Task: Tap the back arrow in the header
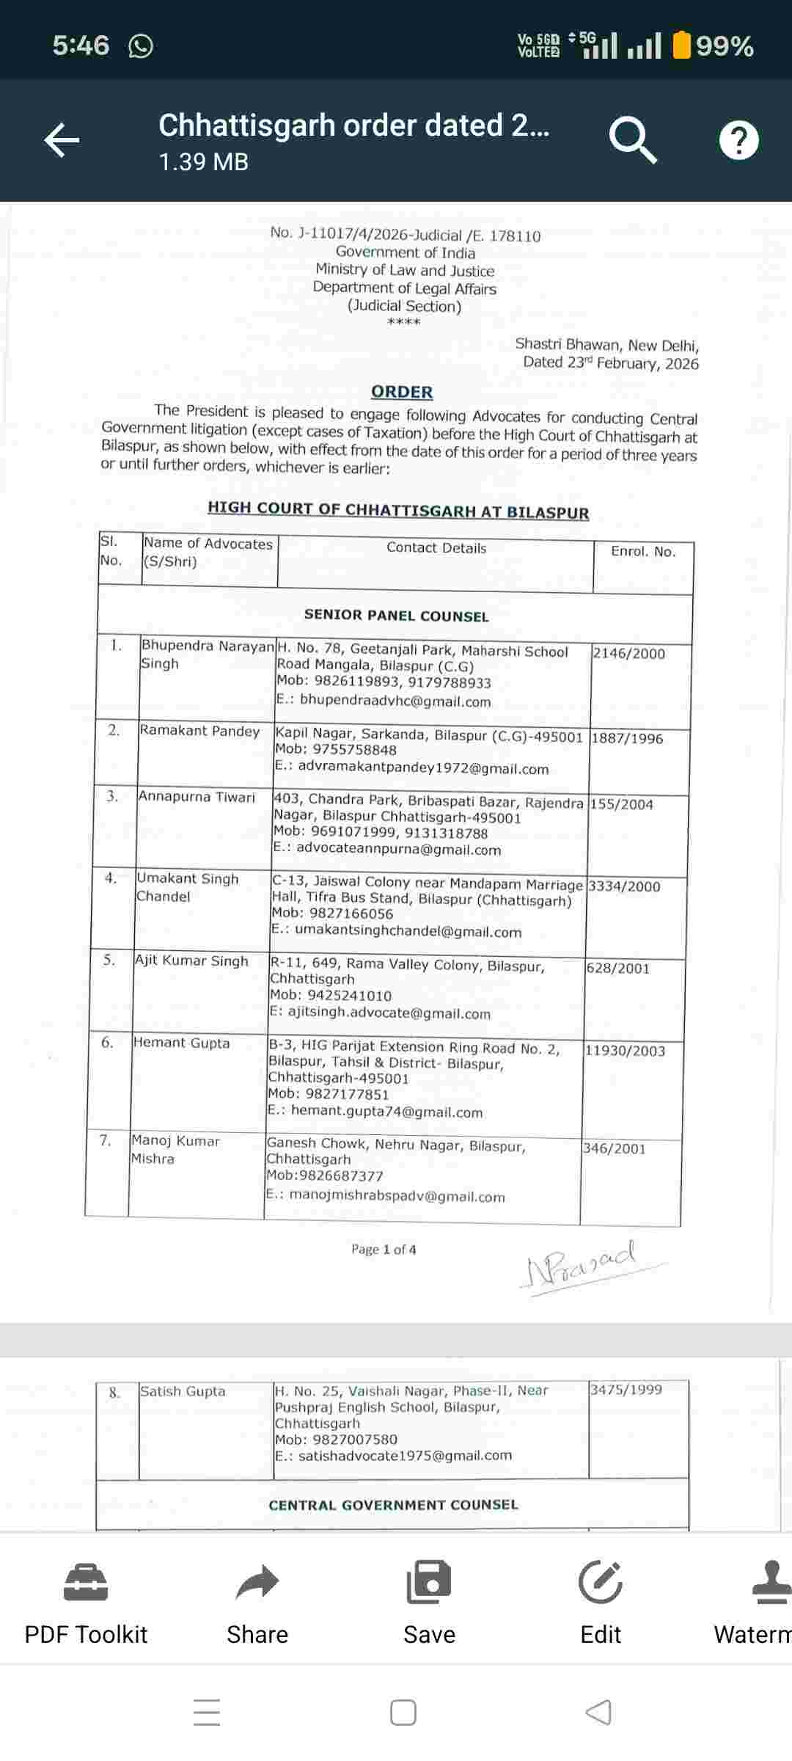[62, 140]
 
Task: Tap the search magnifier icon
[632, 140]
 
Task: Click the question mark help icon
[738, 140]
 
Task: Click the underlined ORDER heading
[402, 392]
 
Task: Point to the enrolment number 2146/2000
[628, 654]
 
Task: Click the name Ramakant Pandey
[199, 731]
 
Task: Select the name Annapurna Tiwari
[197, 797]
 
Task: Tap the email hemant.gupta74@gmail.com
[386, 1112]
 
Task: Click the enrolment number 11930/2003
[625, 1051]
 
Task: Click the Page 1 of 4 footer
[384, 1250]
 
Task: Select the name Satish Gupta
[183, 1391]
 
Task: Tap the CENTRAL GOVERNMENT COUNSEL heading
[393, 1505]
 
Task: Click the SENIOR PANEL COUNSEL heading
[396, 616]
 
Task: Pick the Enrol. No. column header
[643, 552]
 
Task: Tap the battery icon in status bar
[682, 45]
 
